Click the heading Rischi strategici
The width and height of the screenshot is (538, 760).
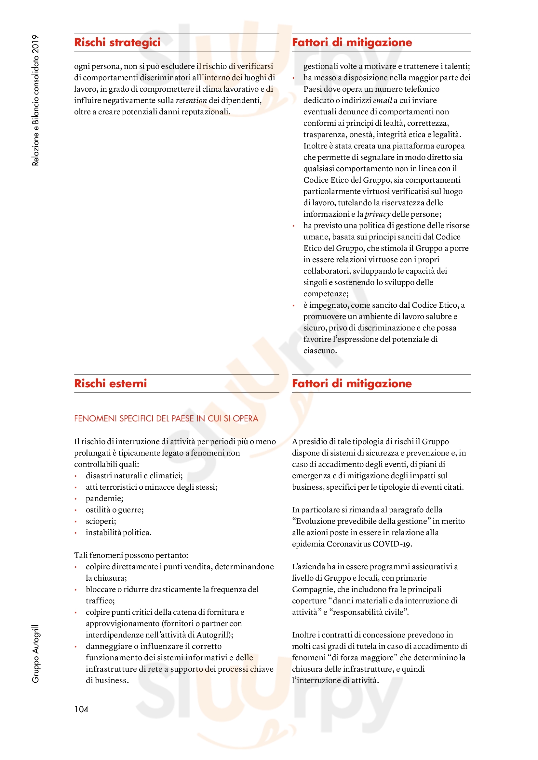[x=117, y=42]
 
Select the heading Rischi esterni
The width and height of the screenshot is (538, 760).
[x=110, y=383]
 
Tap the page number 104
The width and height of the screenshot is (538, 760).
[x=81, y=709]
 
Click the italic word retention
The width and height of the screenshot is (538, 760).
[x=191, y=100]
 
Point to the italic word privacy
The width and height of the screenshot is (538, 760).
[x=377, y=214]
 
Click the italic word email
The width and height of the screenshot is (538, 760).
[x=382, y=100]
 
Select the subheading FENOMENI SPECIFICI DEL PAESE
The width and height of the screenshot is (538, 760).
[x=166, y=419]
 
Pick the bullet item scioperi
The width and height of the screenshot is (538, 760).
[x=101, y=521]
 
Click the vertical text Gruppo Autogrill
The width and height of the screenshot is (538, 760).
[x=35, y=654]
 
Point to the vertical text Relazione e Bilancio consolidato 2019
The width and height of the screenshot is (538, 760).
[x=35, y=100]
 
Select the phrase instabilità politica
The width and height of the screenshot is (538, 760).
[x=118, y=532]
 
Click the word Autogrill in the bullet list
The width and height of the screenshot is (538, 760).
[x=213, y=635]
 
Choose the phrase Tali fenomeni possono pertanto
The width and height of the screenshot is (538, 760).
[x=131, y=555]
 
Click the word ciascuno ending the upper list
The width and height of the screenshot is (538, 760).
[x=320, y=351]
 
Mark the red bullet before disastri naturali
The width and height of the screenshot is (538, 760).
[x=76, y=476]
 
